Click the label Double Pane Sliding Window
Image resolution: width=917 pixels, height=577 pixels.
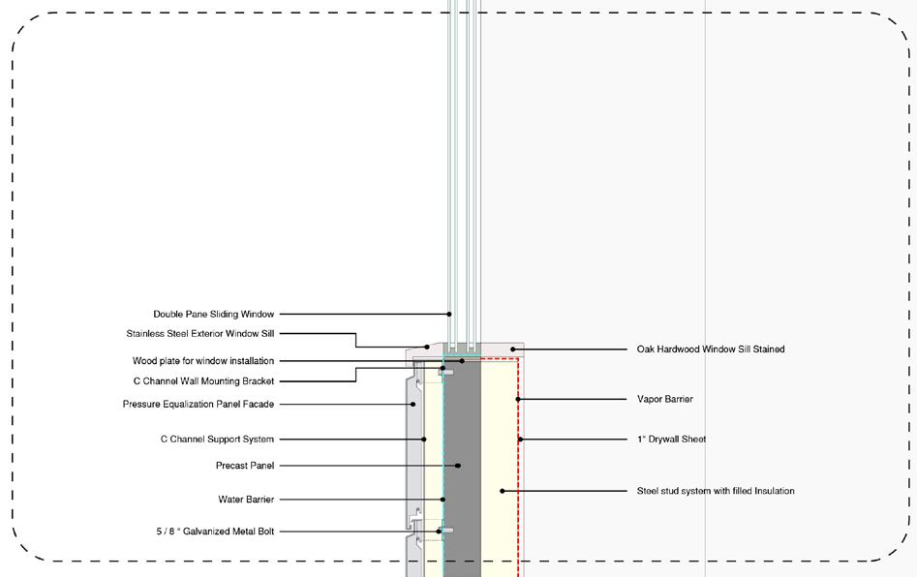coord(213,314)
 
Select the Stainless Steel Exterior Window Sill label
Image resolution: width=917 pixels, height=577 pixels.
coord(199,333)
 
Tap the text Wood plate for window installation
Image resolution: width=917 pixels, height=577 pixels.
coord(202,361)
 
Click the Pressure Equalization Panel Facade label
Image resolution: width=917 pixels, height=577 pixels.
coord(198,404)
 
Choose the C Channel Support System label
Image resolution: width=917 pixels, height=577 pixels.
coord(217,440)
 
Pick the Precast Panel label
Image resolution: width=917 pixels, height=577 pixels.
coord(244,466)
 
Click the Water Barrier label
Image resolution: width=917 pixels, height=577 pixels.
coord(246,500)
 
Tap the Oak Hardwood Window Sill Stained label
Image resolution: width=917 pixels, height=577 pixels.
coord(711,349)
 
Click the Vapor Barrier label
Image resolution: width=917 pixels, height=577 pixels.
coord(664,399)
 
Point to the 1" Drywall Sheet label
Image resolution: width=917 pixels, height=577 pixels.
coord(671,439)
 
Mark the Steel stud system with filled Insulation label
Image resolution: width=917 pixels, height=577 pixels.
coord(716,491)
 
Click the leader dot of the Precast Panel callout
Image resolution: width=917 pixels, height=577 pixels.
coord(458,466)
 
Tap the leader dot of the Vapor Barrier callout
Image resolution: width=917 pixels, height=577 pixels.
coord(518,399)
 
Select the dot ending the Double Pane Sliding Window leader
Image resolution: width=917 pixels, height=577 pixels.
coord(449,314)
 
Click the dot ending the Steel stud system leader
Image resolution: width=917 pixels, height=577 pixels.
coord(502,491)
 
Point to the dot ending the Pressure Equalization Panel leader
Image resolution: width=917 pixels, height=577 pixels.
coord(413,404)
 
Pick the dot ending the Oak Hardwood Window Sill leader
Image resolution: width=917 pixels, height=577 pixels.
coord(513,349)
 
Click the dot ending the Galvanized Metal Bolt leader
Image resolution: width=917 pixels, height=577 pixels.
coord(440,531)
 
